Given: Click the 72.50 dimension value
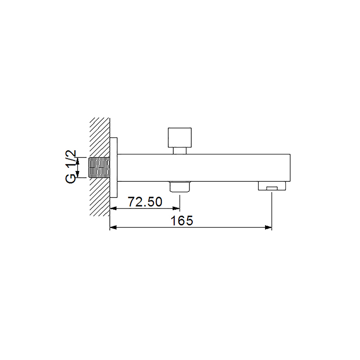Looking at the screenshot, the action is click(x=145, y=202).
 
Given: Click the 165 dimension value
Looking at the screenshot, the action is click(x=182, y=220).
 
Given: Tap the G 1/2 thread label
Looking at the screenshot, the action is click(x=71, y=166).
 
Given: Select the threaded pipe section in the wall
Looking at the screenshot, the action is click(x=99, y=167).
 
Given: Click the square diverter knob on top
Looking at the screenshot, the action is click(x=180, y=138).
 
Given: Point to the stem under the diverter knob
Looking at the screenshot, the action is click(x=180, y=151).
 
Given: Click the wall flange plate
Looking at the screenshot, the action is click(x=114, y=167).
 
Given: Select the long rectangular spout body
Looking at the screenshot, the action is click(x=204, y=167).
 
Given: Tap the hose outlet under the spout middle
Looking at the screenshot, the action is click(x=180, y=186).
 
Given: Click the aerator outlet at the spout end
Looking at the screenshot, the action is click(x=272, y=186).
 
